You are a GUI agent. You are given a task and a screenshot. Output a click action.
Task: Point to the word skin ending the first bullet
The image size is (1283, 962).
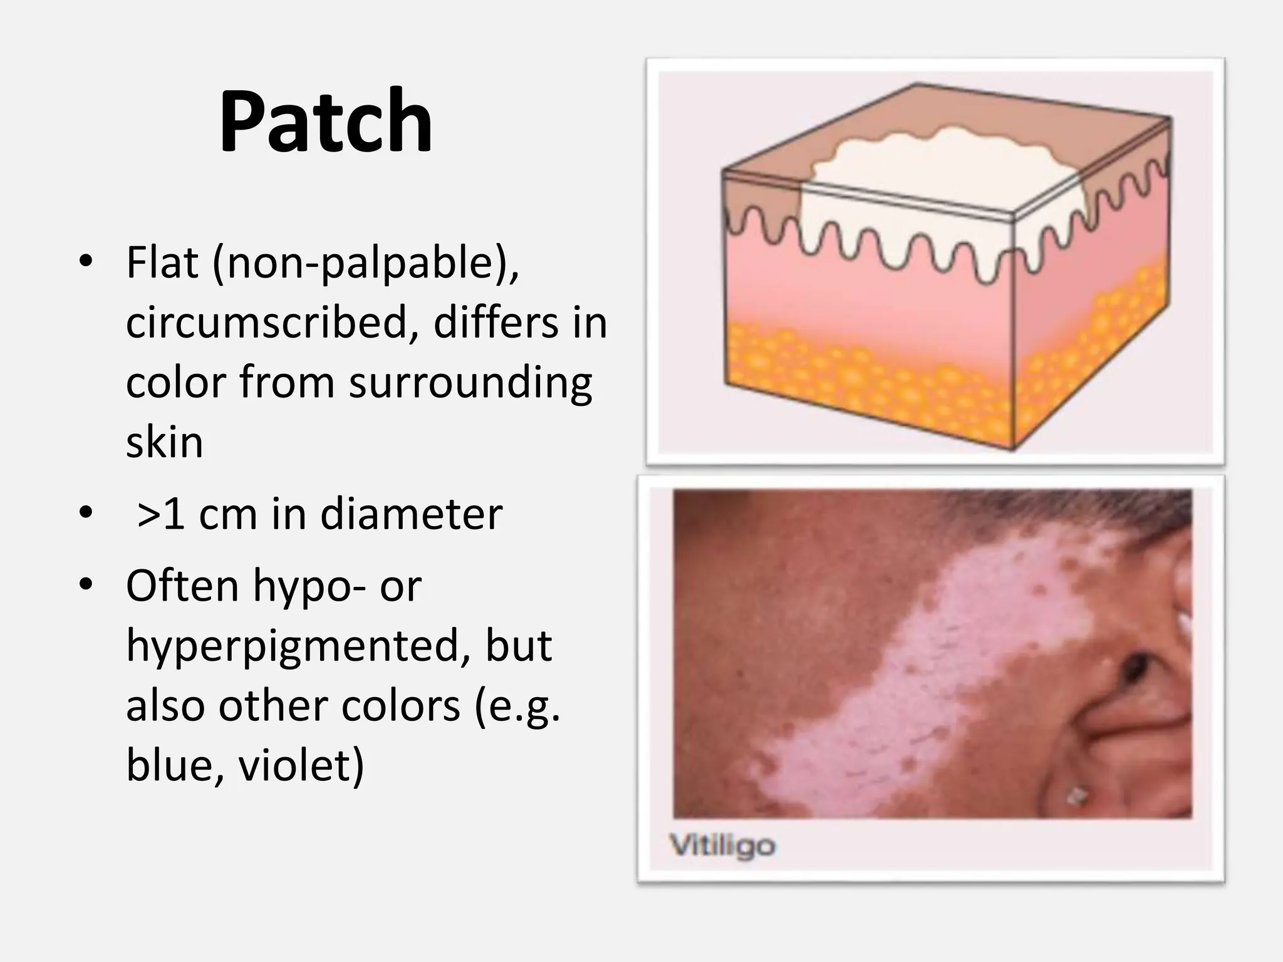coord(164,442)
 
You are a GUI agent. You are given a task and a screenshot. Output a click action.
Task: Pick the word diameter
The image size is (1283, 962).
coord(411,514)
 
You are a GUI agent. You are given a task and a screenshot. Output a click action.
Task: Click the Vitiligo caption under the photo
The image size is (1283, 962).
coord(722,846)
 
